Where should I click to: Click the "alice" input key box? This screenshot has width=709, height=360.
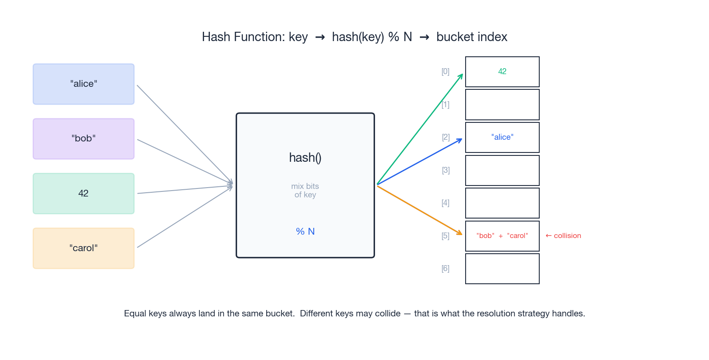click(83, 84)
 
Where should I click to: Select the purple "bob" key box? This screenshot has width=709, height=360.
click(83, 138)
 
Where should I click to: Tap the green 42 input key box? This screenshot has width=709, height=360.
click(83, 194)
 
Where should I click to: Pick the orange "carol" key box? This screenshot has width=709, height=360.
click(83, 248)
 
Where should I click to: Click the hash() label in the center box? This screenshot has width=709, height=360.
click(305, 158)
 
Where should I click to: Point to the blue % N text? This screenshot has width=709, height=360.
click(305, 231)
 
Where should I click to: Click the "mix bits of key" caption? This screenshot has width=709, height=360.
click(305, 191)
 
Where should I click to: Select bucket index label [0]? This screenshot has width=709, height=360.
click(445, 72)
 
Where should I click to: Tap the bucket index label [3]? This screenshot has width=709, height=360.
click(446, 170)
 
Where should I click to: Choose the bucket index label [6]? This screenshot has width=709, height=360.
click(445, 269)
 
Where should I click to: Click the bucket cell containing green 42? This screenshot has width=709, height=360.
click(502, 72)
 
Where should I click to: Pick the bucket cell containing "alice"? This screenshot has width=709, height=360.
click(502, 137)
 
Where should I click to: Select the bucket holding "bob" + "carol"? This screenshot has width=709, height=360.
click(502, 236)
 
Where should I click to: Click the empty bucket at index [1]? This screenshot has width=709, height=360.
click(502, 105)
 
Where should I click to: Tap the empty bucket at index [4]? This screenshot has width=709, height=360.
click(502, 203)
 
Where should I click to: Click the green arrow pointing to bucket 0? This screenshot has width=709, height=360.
click(419, 130)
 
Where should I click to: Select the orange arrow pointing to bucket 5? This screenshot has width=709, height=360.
click(419, 210)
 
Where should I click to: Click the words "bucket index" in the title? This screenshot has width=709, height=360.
click(472, 37)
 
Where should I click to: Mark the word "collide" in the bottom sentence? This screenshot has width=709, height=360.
click(388, 313)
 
